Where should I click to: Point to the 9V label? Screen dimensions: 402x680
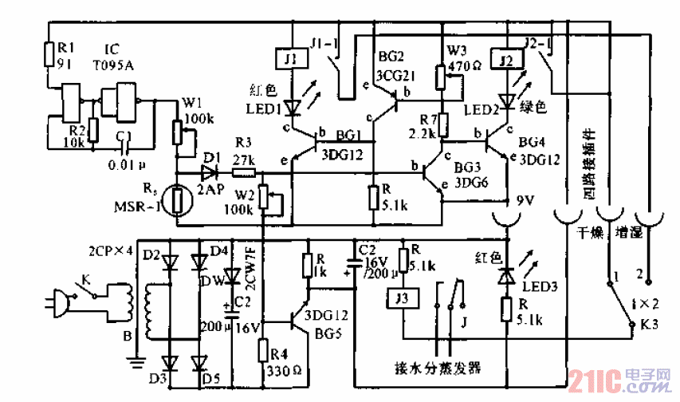[x=525, y=199]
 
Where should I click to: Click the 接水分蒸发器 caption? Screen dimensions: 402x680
[x=438, y=368]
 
